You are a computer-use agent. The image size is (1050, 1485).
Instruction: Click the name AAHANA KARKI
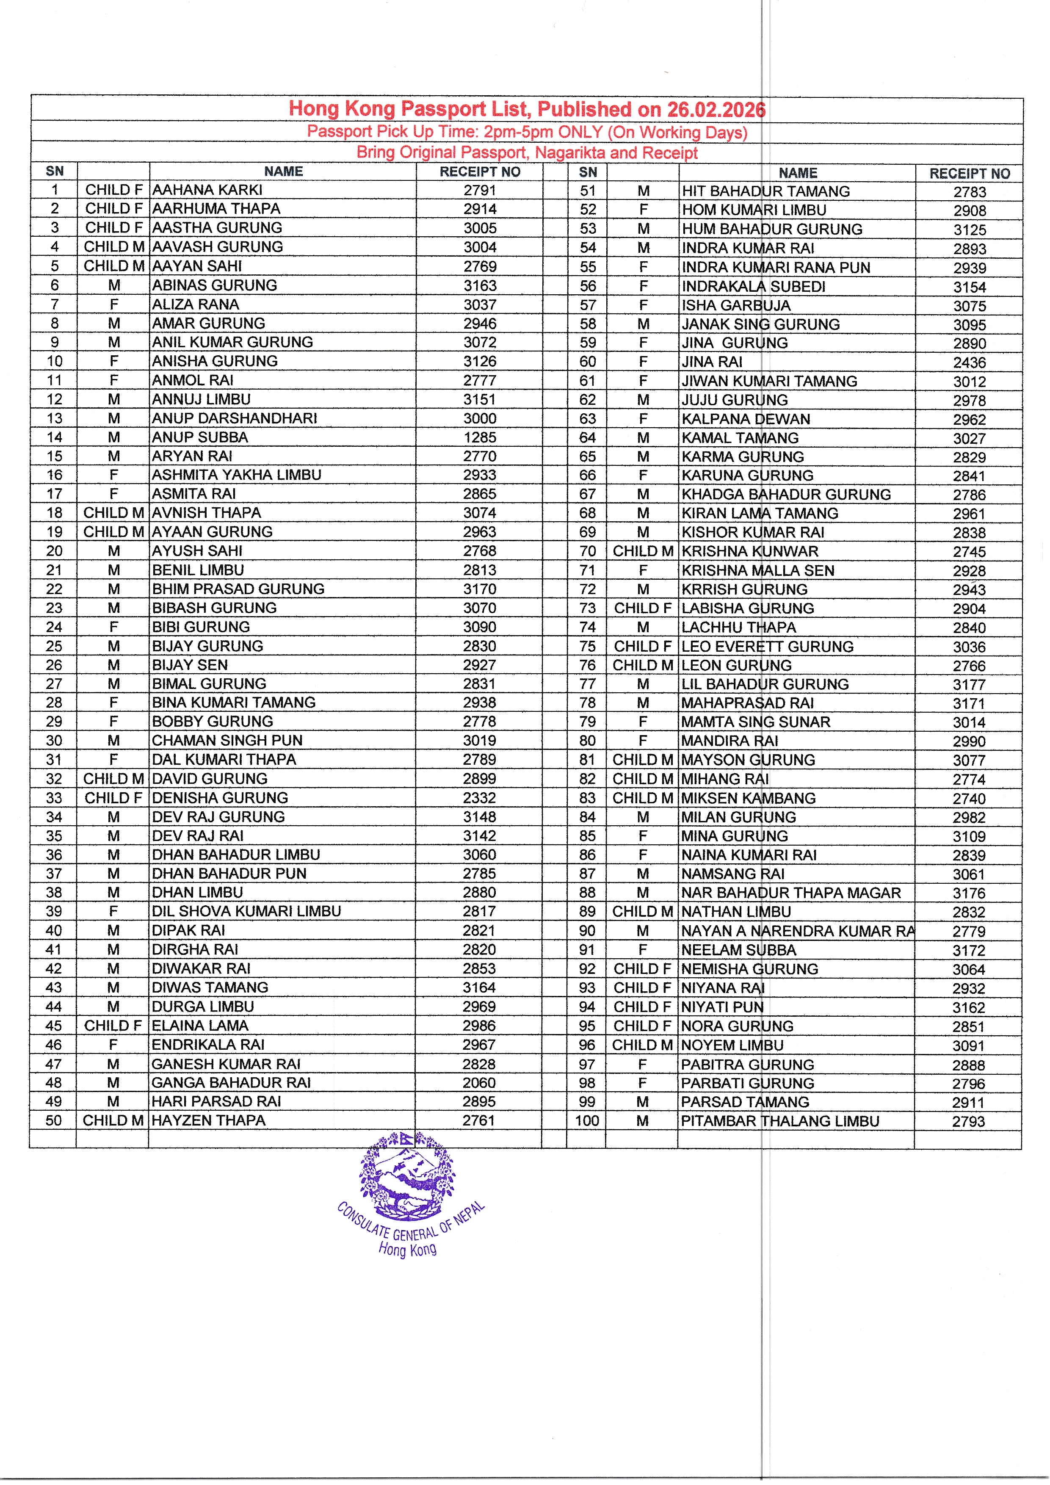[207, 190]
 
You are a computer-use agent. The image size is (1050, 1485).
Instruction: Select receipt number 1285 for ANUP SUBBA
[479, 437]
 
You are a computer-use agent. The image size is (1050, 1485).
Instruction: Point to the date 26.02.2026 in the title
[716, 109]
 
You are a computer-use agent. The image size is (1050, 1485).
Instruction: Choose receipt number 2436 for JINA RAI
[969, 363]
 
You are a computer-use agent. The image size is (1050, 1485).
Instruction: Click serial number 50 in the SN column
[54, 1120]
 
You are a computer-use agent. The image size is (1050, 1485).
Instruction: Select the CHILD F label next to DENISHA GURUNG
[113, 797]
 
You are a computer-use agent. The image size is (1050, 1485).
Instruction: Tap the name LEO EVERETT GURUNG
[768, 646]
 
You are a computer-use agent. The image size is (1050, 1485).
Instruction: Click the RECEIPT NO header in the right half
[969, 173]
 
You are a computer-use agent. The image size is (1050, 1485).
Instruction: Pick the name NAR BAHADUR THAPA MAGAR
[791, 893]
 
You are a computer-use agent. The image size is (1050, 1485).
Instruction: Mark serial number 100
[587, 1121]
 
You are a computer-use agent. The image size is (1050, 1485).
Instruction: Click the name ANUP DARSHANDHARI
[235, 418]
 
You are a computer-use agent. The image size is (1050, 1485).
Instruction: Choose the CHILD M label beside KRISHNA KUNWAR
[643, 551]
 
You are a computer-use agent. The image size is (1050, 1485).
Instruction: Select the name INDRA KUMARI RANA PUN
[776, 267]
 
